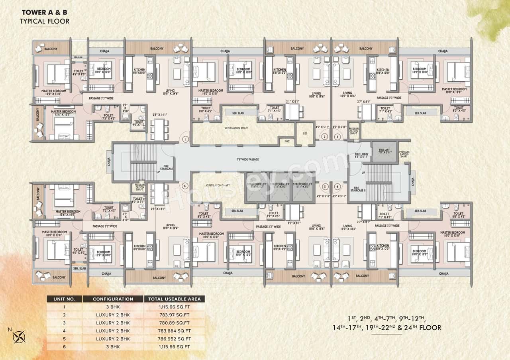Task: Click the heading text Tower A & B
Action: point(44,12)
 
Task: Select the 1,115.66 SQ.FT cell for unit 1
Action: point(175,307)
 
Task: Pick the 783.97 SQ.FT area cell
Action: point(175,315)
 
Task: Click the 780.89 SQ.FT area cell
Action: point(175,323)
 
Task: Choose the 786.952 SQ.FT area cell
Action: point(175,339)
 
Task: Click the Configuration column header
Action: point(113,299)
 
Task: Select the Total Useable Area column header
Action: point(175,299)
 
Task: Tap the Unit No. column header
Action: point(64,299)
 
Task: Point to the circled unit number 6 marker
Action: point(184,186)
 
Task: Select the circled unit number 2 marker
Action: point(325,137)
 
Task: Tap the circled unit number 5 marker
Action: point(325,186)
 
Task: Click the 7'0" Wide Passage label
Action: point(248,159)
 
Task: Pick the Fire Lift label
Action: point(384,150)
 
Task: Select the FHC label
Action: point(286,141)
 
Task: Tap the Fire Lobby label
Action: point(360,155)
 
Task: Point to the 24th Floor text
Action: point(421,328)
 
